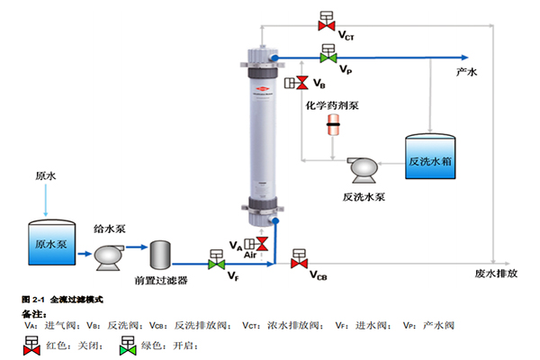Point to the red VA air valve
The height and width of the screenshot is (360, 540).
tap(261, 244)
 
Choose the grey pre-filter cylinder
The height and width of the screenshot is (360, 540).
tap(162, 255)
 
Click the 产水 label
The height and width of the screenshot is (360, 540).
tap(467, 71)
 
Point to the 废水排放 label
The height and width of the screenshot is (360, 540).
tap(496, 273)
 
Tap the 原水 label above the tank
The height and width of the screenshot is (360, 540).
tap(45, 177)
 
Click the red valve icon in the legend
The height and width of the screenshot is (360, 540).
tap(31, 344)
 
